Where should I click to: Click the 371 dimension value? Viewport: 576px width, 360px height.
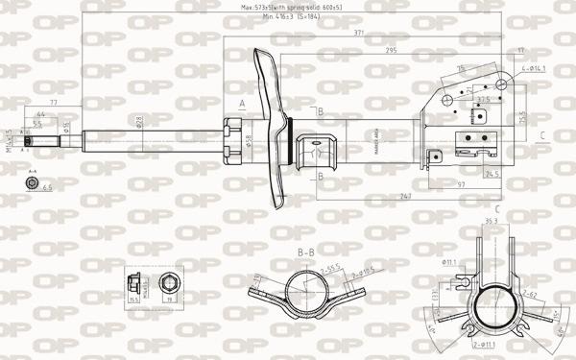[358, 34]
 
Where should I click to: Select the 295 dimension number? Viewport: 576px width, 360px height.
[392, 50]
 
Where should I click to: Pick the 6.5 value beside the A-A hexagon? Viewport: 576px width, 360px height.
[47, 188]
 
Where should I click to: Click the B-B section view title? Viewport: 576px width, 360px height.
[306, 252]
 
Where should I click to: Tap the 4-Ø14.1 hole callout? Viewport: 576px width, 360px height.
[534, 68]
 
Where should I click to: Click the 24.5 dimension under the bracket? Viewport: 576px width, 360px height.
[492, 175]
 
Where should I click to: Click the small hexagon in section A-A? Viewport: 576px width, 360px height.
[28, 185]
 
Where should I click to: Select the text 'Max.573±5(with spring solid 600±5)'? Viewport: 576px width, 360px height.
[292, 7]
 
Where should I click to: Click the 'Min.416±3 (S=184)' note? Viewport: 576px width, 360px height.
[292, 16]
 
